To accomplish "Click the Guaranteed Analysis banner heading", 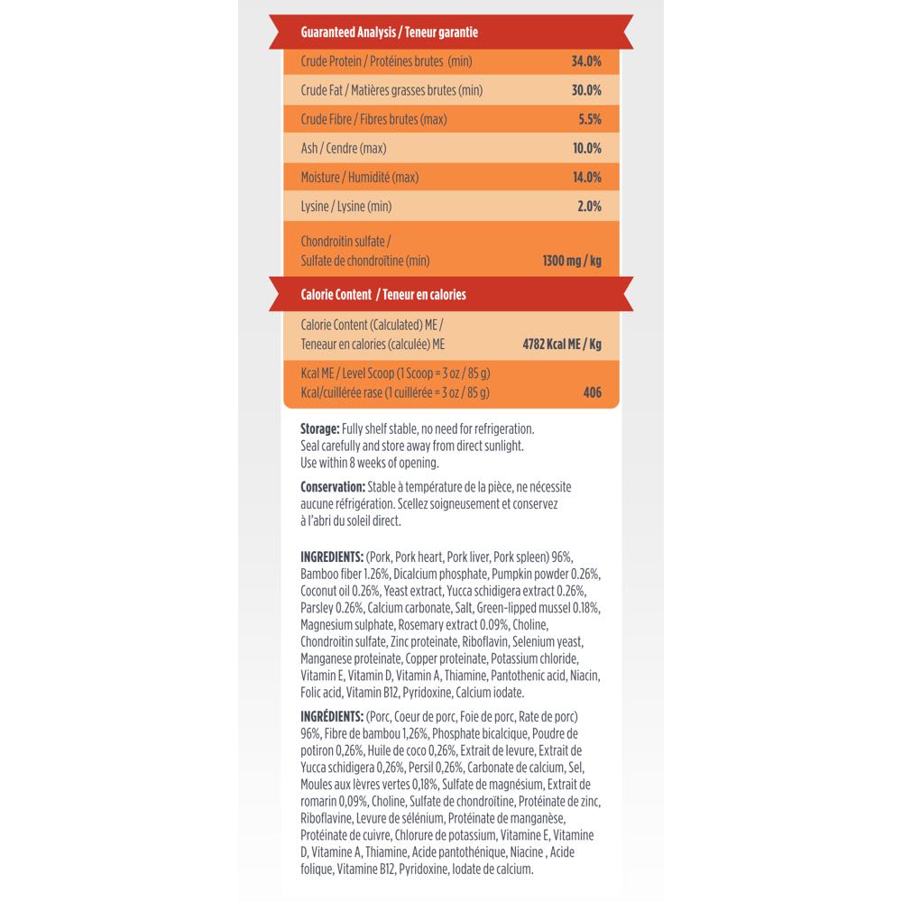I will (389, 32).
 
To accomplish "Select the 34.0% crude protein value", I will (586, 61).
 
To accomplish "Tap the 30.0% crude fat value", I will (586, 90).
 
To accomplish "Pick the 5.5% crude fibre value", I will (588, 119).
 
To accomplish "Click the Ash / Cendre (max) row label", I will (343, 148).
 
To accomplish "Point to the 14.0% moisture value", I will (586, 177).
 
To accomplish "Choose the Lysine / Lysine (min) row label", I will (345, 207).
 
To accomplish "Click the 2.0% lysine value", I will (589, 207).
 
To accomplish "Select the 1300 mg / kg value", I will (572, 262).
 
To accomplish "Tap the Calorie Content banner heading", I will (382, 294).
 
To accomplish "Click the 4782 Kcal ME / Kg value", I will (562, 344).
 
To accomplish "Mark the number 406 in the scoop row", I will (592, 392).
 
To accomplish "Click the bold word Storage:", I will (320, 428).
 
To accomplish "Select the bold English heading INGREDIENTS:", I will (332, 557).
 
